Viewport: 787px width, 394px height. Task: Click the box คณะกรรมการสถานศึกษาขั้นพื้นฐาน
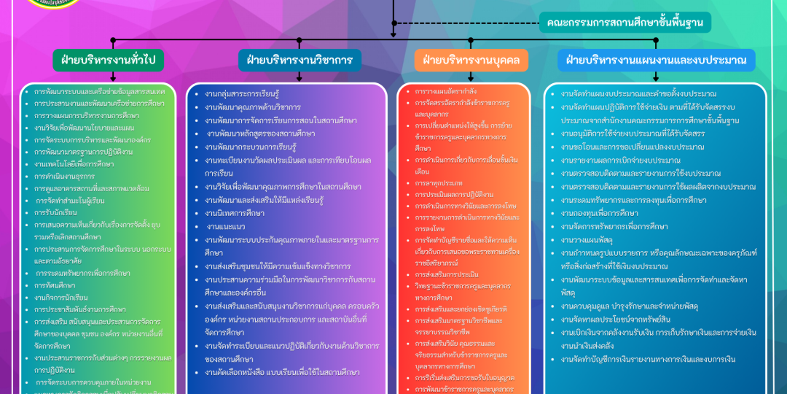tap(624, 23)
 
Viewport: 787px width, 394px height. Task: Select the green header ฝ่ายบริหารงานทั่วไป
tap(108, 60)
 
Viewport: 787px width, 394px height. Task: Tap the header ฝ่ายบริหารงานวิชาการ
tap(299, 60)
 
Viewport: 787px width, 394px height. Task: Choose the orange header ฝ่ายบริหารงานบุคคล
tap(471, 60)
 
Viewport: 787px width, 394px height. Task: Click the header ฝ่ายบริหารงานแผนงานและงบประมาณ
tap(656, 60)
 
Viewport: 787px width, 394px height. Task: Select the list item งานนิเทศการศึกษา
tap(234, 213)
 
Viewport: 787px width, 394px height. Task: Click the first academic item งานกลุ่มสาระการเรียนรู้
tap(242, 94)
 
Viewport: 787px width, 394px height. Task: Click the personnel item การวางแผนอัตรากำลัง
tap(445, 91)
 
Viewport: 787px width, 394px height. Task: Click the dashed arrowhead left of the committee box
tap(394, 34)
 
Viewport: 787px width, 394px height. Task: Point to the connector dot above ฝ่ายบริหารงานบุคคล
tap(471, 41)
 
